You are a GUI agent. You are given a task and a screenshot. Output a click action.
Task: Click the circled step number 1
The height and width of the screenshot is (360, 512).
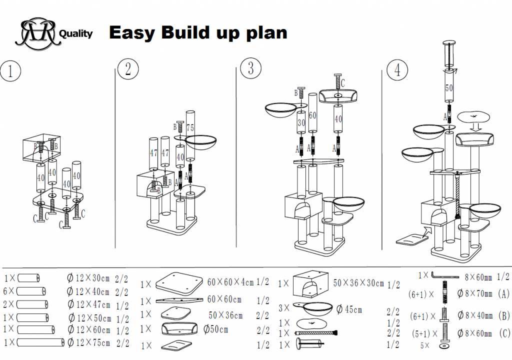pyautogui.click(x=10, y=70)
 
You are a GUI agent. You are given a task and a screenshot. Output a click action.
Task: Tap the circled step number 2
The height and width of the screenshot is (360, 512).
pyautogui.click(x=127, y=68)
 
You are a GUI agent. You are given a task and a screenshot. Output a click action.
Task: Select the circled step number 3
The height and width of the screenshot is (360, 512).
pyautogui.click(x=250, y=67)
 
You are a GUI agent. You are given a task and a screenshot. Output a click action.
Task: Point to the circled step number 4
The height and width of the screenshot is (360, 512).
pyautogui.click(x=397, y=70)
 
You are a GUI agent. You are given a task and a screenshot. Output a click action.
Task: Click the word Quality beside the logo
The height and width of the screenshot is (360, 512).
pyautogui.click(x=76, y=34)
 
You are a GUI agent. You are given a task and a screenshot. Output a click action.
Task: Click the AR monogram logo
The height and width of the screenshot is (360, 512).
pyautogui.click(x=37, y=33)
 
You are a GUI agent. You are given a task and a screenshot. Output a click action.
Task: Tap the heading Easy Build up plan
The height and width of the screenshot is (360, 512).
pyautogui.click(x=198, y=32)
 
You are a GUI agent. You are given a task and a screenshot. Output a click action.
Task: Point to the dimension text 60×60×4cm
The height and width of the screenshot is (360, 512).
pyautogui.click(x=231, y=282)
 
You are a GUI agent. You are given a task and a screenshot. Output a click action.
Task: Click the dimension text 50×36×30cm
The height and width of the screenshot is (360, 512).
pyautogui.click(x=358, y=283)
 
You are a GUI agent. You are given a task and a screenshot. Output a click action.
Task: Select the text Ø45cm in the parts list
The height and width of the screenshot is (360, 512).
pyautogui.click(x=349, y=309)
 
